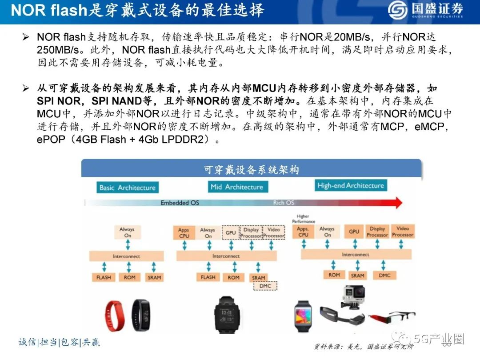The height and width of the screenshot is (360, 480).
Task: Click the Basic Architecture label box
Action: tap(127, 187)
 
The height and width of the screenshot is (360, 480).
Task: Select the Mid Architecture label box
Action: tap(236, 187)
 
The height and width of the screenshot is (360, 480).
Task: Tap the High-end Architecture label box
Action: tap(350, 185)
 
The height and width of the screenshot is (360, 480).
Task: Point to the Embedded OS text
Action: tap(180, 203)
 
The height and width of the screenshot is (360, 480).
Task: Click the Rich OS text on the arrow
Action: tap(284, 203)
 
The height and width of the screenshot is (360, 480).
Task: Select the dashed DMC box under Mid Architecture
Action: tap(265, 286)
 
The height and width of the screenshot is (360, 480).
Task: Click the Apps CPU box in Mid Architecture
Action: tap(184, 233)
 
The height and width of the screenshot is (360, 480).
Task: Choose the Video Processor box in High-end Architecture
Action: tap(403, 232)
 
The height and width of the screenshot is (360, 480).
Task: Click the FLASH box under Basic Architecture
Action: tap(104, 277)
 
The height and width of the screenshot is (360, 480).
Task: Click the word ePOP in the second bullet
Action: tap(50, 140)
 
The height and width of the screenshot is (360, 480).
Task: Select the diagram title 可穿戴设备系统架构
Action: tap(251, 170)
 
